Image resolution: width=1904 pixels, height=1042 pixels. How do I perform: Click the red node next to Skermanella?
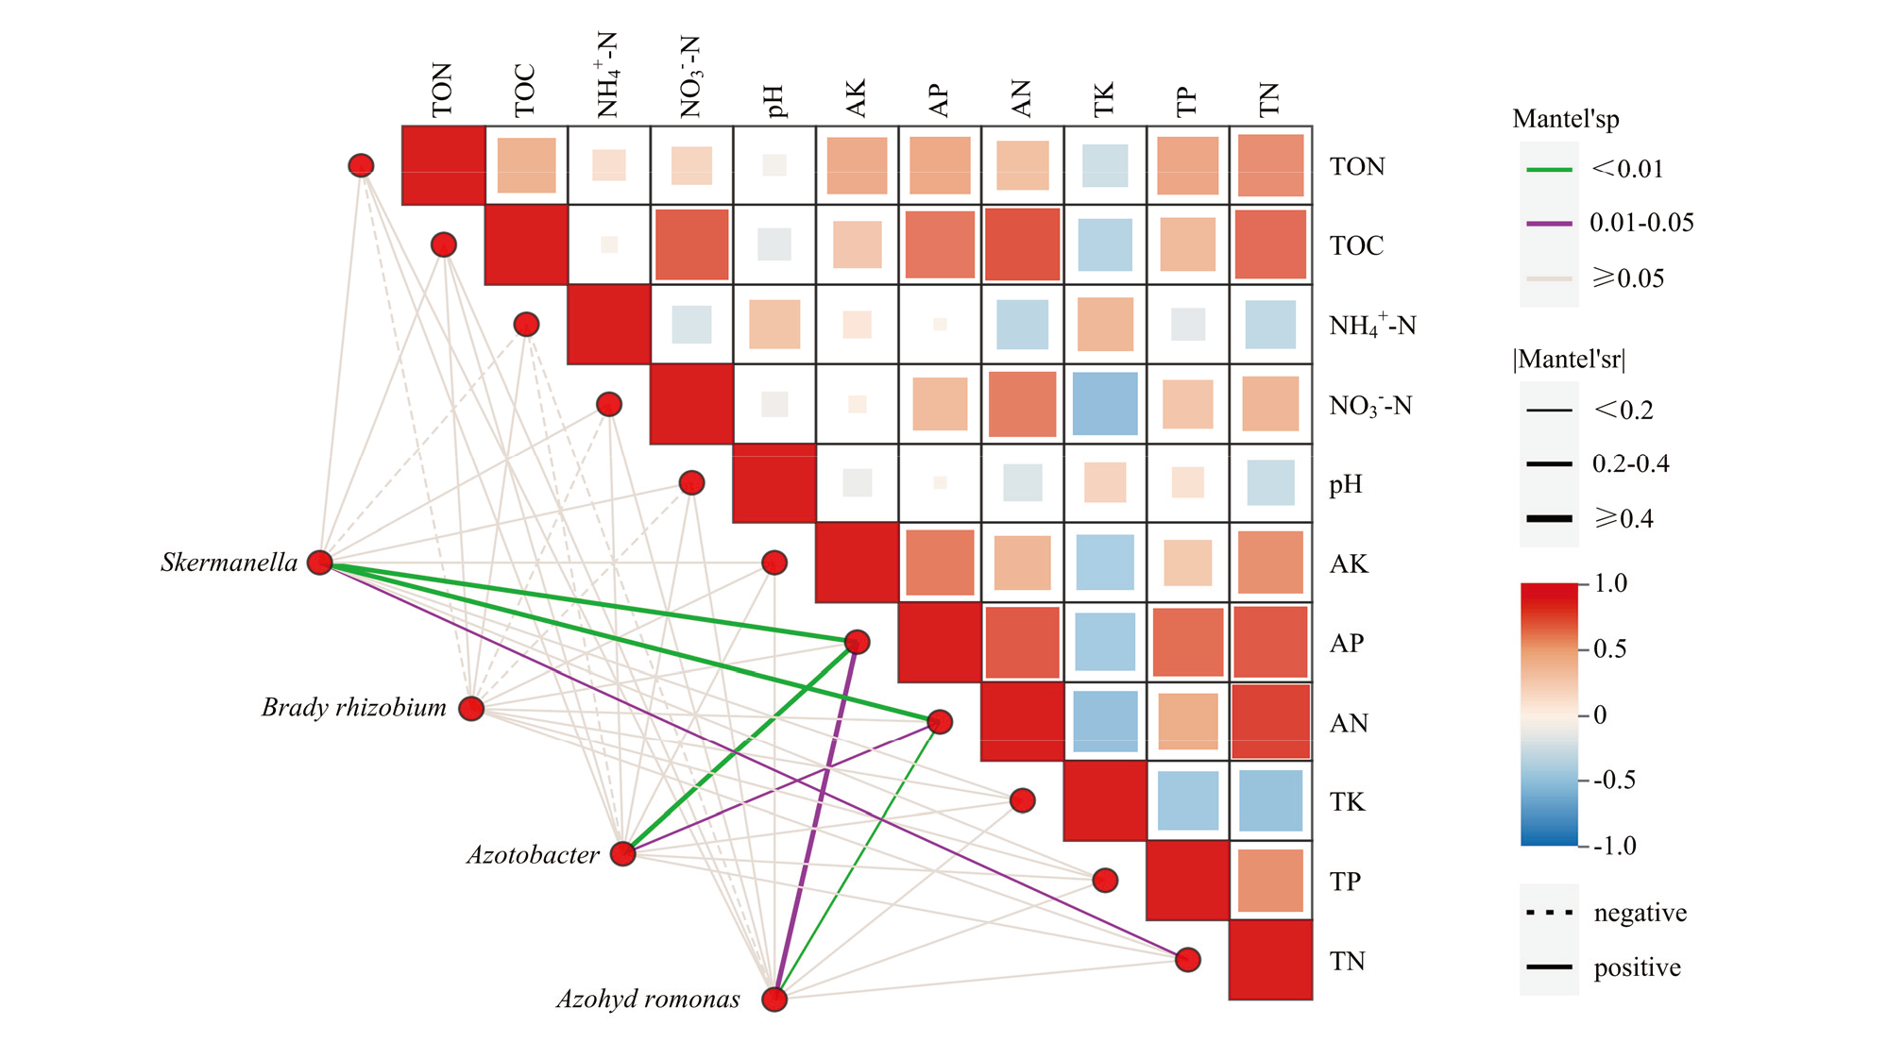click(320, 563)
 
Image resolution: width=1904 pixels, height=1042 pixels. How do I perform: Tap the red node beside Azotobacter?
click(622, 854)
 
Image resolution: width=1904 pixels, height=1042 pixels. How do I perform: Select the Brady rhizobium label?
click(353, 708)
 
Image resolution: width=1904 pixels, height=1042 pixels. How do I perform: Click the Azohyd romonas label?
click(648, 1000)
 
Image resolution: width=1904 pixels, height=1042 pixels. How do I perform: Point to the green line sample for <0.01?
click(1549, 170)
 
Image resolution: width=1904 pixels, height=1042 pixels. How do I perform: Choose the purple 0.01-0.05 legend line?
click(1549, 224)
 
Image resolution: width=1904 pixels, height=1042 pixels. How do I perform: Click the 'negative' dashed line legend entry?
click(1549, 913)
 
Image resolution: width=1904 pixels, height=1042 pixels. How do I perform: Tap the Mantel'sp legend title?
click(1565, 119)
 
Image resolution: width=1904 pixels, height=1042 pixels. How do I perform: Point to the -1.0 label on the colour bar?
click(1614, 846)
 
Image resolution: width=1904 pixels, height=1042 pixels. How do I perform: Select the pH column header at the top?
click(774, 100)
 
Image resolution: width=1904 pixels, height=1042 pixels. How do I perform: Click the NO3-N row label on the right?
click(1369, 406)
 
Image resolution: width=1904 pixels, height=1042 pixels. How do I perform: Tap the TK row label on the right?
click(1347, 802)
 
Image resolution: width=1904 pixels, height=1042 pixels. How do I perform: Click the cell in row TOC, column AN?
click(1022, 245)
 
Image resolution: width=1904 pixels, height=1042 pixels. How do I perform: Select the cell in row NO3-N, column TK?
click(1105, 404)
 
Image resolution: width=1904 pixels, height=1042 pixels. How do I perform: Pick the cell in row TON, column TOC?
click(526, 166)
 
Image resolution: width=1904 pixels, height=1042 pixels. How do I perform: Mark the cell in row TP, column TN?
click(1270, 881)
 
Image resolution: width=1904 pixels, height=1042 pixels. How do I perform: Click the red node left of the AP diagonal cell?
click(857, 642)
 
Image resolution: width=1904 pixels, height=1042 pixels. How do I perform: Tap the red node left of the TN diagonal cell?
click(1187, 960)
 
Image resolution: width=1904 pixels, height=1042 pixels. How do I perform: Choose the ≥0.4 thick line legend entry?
click(1549, 519)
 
